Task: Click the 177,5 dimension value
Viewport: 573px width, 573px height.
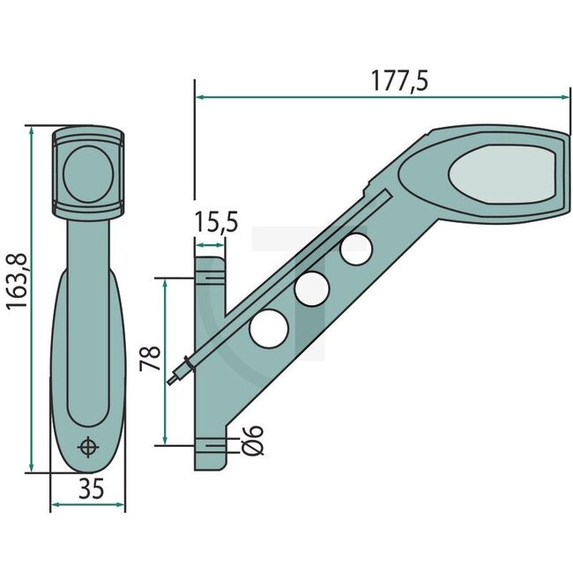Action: click(x=398, y=81)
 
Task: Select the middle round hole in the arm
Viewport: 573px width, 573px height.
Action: click(x=312, y=288)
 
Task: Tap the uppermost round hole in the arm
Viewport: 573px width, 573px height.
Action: click(x=355, y=249)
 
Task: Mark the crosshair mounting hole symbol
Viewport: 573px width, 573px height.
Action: click(x=87, y=447)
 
